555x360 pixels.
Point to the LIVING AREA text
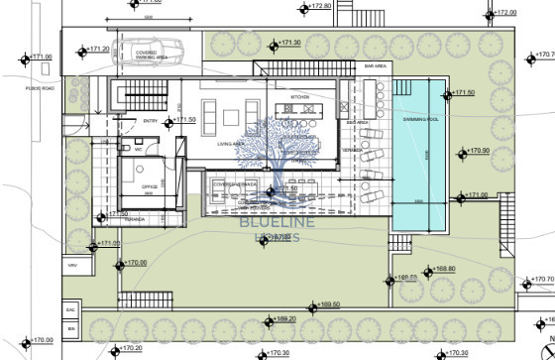click(232, 142)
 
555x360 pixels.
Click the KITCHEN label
click(300, 97)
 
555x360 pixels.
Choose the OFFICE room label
click(150, 184)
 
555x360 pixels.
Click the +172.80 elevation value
click(318, 6)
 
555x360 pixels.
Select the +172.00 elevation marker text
click(504, 13)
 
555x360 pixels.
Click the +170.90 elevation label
click(479, 151)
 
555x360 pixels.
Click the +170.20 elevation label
click(130, 348)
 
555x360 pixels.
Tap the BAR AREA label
click(375, 65)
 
